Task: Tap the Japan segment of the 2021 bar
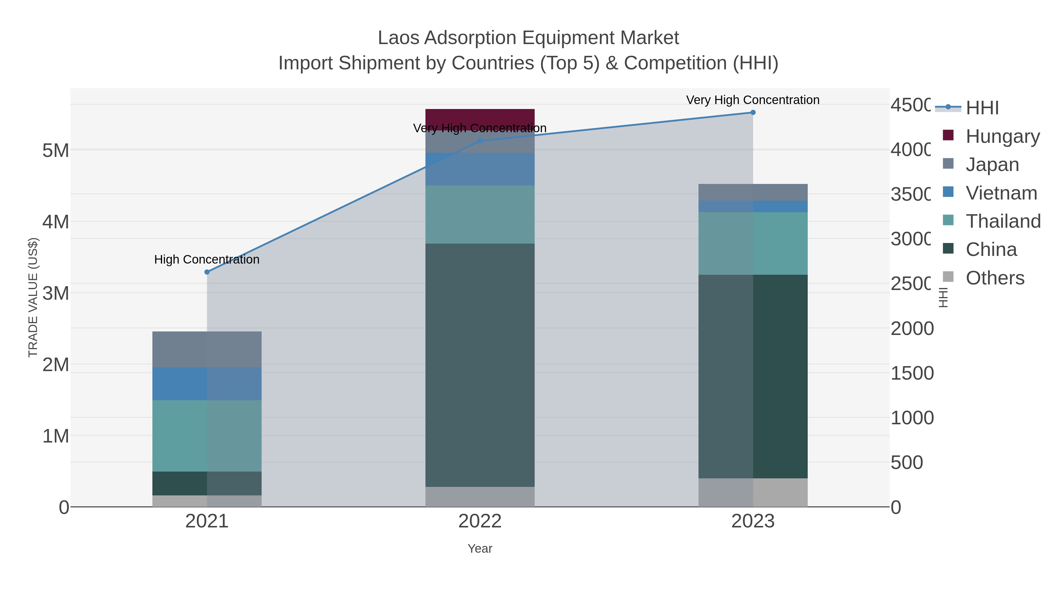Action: [207, 349]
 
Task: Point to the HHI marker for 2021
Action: [207, 272]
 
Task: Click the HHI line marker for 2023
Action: [753, 113]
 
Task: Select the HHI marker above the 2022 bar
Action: [480, 141]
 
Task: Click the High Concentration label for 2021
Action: [207, 259]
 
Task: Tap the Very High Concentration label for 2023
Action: [753, 100]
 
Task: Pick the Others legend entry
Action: [995, 278]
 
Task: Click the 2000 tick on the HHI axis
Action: [912, 328]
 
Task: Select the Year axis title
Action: [480, 549]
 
